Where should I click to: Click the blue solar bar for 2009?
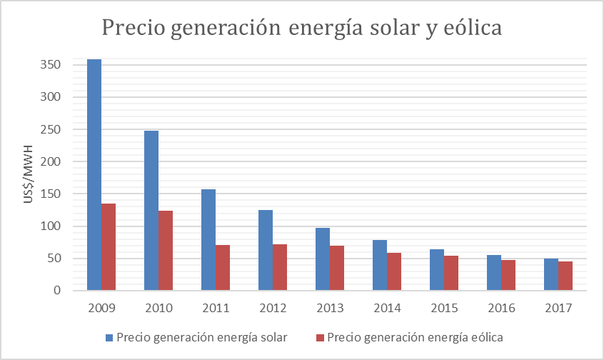[94, 175]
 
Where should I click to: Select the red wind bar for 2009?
[109, 247]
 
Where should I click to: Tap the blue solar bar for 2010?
[151, 211]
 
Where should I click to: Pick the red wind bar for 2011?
[223, 268]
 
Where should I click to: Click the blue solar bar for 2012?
[266, 250]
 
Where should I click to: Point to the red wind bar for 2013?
[337, 268]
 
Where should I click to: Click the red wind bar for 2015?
[451, 273]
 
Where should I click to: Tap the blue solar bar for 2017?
[551, 275]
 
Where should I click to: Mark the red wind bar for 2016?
[508, 275]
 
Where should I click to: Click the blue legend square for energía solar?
[109, 337]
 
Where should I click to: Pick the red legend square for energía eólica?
[321, 337]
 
